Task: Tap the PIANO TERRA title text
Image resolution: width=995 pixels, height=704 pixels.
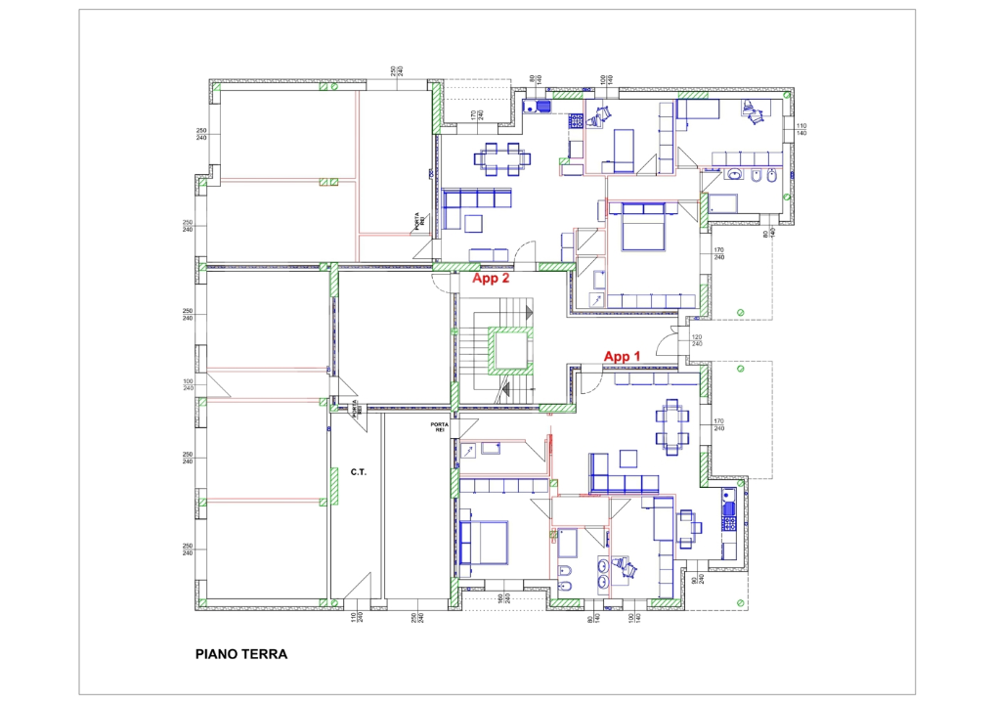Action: (241, 654)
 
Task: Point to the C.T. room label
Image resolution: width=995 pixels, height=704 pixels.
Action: (358, 472)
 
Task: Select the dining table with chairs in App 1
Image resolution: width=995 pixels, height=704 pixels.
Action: (671, 426)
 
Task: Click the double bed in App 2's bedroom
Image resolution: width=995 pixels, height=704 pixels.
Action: (637, 226)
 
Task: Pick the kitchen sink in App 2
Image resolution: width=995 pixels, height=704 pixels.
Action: (537, 107)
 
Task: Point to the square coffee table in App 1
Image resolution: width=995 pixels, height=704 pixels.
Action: (627, 458)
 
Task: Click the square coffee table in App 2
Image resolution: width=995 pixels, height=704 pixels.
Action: (474, 224)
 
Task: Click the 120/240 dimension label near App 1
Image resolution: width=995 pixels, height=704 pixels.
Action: (697, 341)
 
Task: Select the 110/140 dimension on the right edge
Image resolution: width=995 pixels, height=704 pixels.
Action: (801, 130)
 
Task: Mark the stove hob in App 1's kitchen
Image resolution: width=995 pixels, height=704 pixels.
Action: (726, 507)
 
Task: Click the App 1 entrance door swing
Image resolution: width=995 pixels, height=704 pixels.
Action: (590, 382)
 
